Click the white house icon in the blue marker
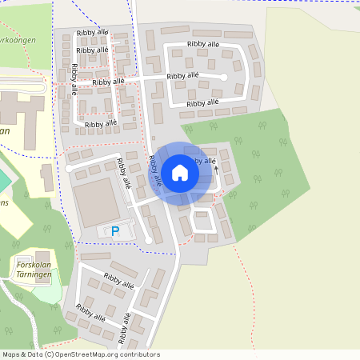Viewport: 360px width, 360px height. pyautogui.click(x=180, y=172)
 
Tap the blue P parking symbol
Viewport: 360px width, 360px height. pyautogui.click(x=114, y=231)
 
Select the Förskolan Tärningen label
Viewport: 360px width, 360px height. pyautogui.click(x=34, y=268)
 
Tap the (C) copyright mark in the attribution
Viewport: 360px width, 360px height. pyautogui.click(x=49, y=354)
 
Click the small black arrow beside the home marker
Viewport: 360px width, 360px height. pyautogui.click(x=215, y=170)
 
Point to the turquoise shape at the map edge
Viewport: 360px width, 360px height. pyautogui.click(x=4, y=181)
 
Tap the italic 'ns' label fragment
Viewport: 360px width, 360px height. pyautogui.click(x=4, y=203)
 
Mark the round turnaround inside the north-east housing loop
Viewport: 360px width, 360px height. pyautogui.click(x=224, y=77)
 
